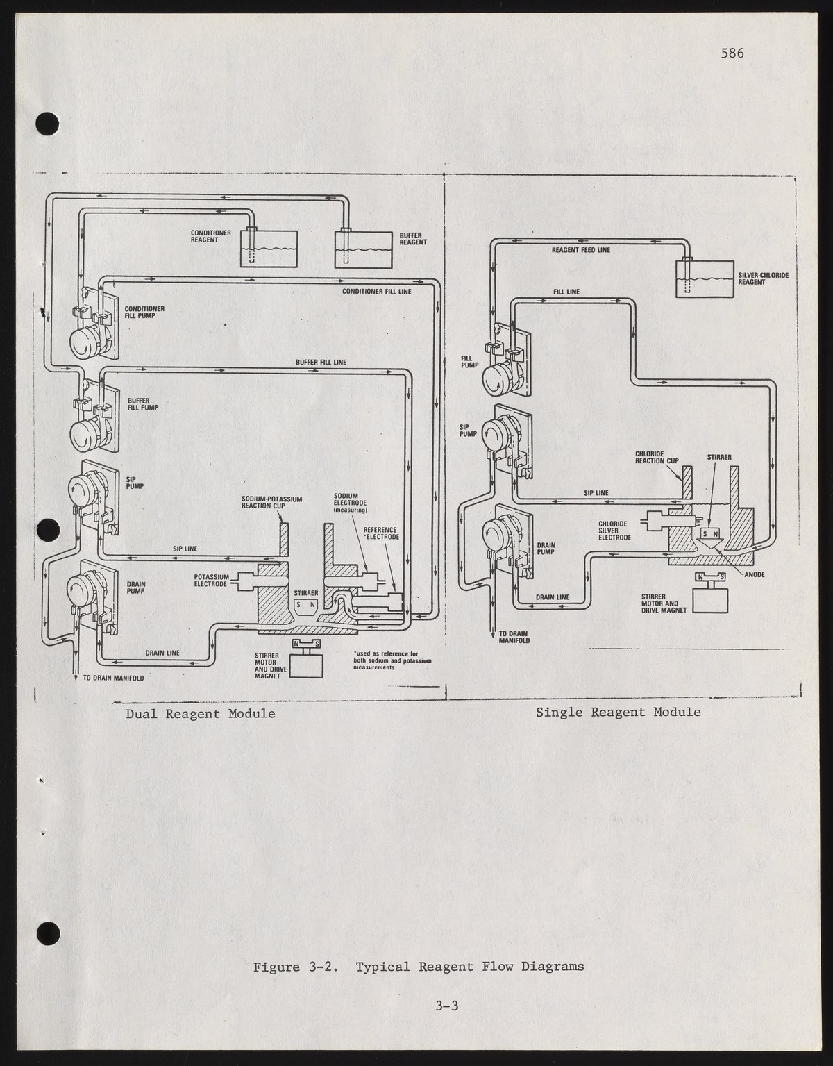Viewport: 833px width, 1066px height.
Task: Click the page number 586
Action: pos(732,53)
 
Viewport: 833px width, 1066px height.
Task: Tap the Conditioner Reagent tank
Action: pos(269,249)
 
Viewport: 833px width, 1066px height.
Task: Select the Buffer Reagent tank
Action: pos(363,249)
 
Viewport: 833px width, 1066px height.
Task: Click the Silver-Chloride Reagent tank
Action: pos(705,278)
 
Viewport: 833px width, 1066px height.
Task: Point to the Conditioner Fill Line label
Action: pos(376,292)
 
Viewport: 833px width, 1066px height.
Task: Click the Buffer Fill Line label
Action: pos(321,362)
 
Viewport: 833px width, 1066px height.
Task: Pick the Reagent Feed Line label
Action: pos(581,250)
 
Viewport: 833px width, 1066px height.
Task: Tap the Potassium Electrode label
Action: pos(210,581)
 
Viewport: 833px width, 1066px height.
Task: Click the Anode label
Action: pos(755,574)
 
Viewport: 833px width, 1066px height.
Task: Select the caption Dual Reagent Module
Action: pos(201,713)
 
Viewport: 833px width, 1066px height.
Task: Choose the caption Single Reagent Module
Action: pos(619,713)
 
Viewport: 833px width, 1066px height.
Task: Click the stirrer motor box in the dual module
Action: pos(306,665)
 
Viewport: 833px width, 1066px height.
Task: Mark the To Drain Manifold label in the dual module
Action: pos(113,678)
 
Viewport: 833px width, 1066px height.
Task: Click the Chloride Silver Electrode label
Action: pos(614,531)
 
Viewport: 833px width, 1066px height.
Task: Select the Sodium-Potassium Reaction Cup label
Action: pos(271,502)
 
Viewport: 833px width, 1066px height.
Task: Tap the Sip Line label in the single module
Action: pos(596,493)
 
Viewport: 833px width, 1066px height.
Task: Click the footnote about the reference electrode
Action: pos(392,660)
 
